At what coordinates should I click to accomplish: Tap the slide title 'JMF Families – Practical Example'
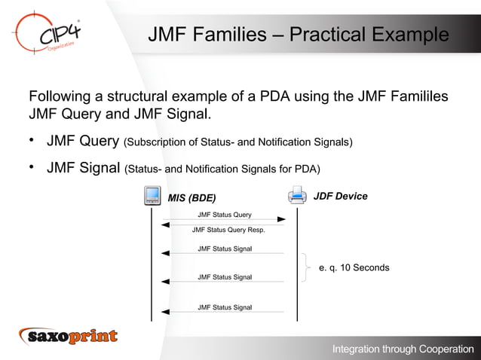(x=298, y=35)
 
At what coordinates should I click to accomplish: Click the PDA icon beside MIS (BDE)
(x=152, y=196)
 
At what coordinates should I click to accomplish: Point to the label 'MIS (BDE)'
(x=191, y=198)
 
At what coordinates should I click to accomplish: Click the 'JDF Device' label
(x=340, y=197)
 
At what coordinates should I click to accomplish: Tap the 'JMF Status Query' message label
(x=225, y=215)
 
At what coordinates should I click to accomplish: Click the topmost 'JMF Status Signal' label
(x=225, y=249)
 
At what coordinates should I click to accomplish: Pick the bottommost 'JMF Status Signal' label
(x=225, y=307)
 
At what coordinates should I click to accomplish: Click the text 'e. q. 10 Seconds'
(x=354, y=267)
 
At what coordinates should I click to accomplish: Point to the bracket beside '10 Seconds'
(x=306, y=267)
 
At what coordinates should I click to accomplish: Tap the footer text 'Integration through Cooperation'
(x=403, y=349)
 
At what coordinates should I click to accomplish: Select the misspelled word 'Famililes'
(x=418, y=98)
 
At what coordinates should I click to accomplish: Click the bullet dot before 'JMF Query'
(x=32, y=141)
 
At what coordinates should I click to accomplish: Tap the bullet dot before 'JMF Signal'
(x=32, y=167)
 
